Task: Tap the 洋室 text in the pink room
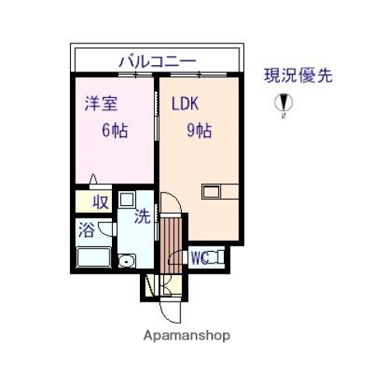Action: coord(99,103)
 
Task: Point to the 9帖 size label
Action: coord(198,130)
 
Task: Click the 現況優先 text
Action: coord(298,76)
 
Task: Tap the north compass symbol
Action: coord(285,104)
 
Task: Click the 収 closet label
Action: coord(101,203)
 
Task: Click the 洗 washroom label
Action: coord(141,218)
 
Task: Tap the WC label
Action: coord(198,256)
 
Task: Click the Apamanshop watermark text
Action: coord(187,336)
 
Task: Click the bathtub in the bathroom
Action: coord(96,257)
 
